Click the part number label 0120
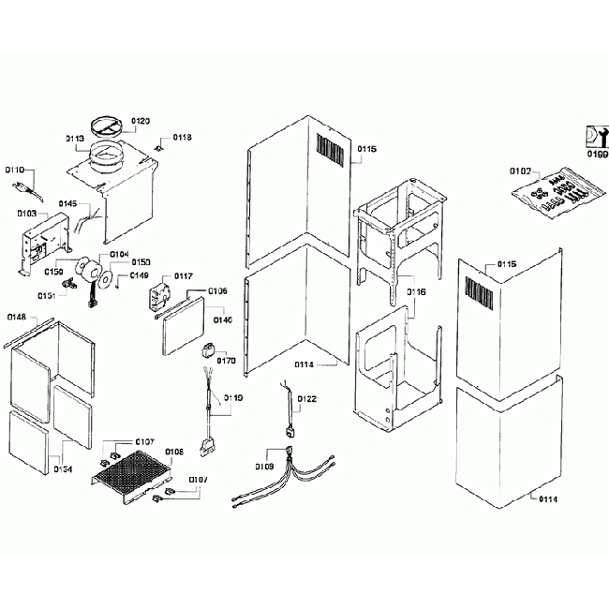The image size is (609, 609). (141, 121)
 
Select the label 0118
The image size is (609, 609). (182, 138)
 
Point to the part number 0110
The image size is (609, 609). (15, 171)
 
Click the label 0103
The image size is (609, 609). (26, 215)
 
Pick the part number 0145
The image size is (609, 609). (68, 203)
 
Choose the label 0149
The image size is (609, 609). (139, 275)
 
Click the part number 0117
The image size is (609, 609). (183, 276)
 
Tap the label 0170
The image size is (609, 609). (226, 359)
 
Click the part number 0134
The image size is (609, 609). (63, 468)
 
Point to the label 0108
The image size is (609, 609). (174, 452)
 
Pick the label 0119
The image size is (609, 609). (233, 398)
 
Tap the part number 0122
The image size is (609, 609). (306, 398)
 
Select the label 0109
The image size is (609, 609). (263, 466)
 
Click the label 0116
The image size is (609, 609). (416, 292)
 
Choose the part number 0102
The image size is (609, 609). (520, 171)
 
